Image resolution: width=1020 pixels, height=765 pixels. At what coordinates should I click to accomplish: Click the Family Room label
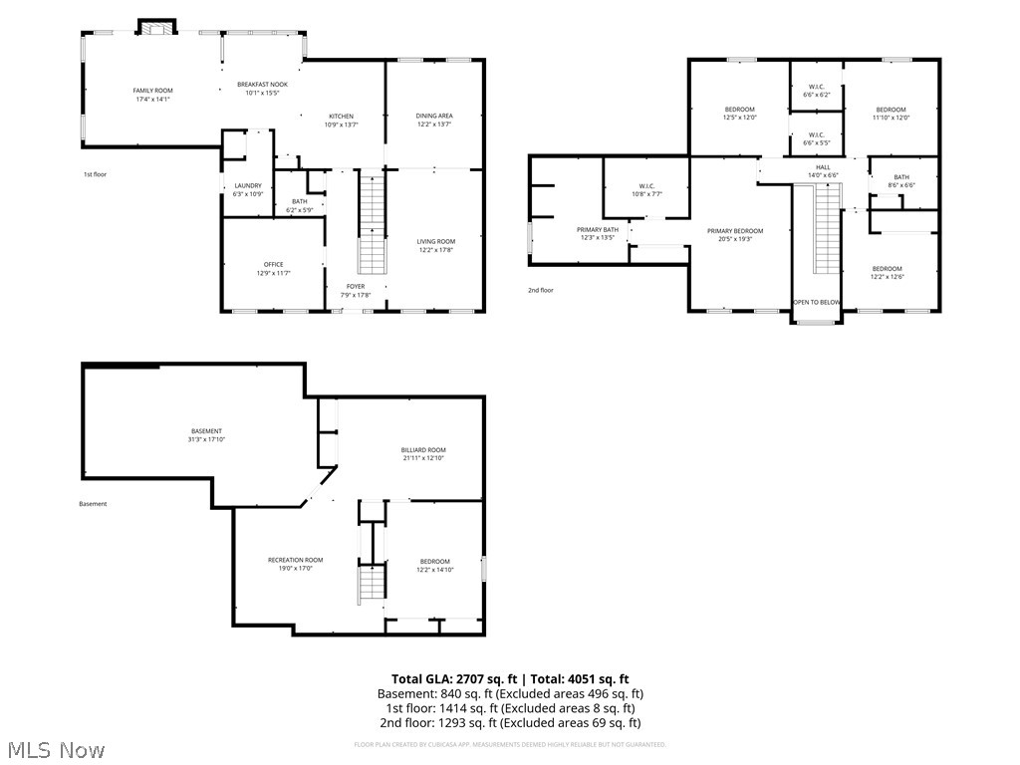tap(152, 91)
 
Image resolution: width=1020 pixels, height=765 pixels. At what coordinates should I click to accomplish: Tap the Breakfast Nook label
tap(262, 85)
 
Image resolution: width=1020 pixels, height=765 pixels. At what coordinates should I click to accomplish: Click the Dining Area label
tap(434, 116)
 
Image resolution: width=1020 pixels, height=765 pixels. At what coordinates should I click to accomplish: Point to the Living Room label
tap(435, 241)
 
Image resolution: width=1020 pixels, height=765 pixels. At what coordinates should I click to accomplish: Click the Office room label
tap(273, 264)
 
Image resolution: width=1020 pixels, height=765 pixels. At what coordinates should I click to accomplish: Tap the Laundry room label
tap(247, 185)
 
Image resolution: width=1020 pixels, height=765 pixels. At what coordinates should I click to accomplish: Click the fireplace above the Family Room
tap(154, 28)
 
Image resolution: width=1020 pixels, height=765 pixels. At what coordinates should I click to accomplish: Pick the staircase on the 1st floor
tap(372, 224)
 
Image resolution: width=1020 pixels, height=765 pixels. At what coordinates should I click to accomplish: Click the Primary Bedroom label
tap(735, 231)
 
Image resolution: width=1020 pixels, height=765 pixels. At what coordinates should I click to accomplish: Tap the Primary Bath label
tap(598, 230)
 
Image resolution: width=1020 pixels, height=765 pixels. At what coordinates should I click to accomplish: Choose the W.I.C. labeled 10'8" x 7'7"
tap(644, 194)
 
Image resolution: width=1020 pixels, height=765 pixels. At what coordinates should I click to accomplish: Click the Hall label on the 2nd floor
tap(823, 167)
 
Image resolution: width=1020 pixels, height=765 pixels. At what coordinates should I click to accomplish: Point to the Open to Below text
tap(816, 302)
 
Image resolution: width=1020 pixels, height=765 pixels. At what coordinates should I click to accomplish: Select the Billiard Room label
tap(423, 449)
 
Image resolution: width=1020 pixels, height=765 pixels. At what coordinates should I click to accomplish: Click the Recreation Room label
tap(295, 560)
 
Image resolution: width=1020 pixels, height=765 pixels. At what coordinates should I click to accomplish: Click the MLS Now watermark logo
tap(56, 749)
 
